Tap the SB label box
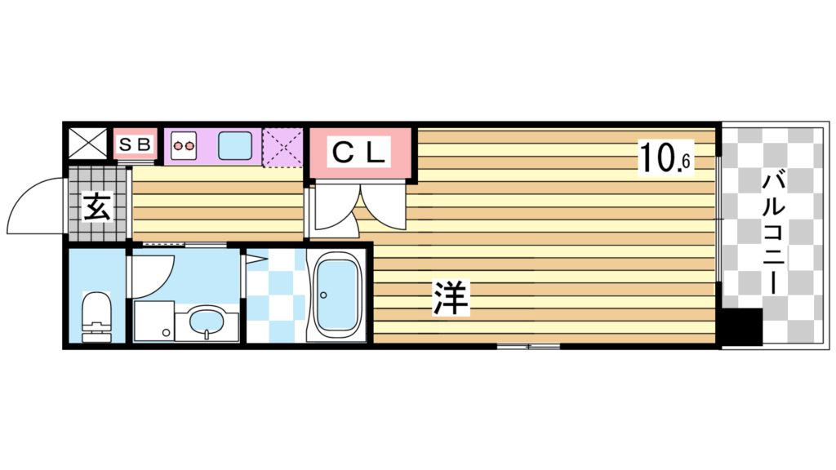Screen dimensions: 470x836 134,145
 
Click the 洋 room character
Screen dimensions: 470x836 451,299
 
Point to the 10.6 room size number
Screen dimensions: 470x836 665,158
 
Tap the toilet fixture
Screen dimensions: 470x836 96,317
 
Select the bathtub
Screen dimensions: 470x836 338,295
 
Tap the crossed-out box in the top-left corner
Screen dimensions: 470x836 87,144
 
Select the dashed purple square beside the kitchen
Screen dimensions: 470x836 282,147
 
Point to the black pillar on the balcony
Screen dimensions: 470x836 743,327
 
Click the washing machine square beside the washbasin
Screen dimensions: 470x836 154,321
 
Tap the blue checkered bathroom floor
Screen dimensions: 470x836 273,295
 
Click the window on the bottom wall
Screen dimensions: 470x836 528,347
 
